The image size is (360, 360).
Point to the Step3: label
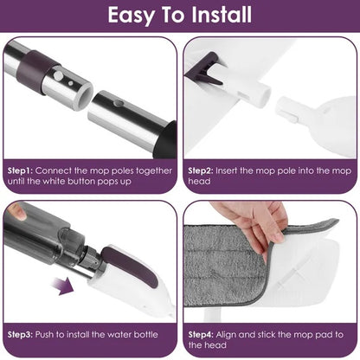22,332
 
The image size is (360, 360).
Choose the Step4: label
202,332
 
